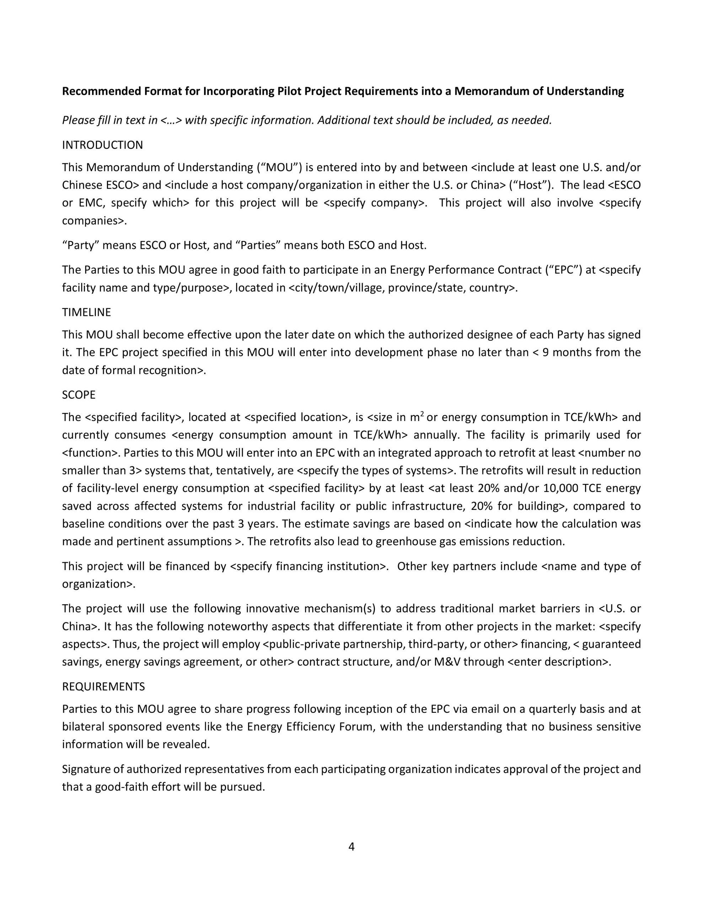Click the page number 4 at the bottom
click(x=351, y=847)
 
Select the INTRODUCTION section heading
click(x=102, y=145)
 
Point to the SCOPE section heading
click(x=79, y=395)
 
